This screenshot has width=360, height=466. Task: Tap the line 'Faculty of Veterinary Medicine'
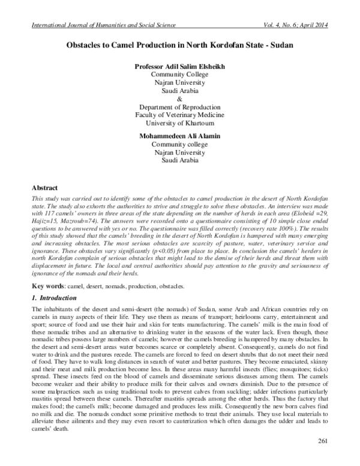click(180, 116)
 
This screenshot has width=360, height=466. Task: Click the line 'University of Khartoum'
click(180, 124)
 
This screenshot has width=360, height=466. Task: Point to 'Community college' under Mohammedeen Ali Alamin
click(180, 145)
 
